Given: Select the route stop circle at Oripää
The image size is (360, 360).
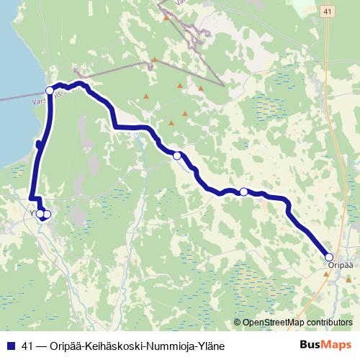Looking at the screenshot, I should tap(329, 257).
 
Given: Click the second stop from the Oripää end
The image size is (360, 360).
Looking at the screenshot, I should tap(244, 192).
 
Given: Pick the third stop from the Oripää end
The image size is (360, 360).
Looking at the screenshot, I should tap(177, 155).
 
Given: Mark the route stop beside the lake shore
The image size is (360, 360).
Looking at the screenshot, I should tap(50, 90).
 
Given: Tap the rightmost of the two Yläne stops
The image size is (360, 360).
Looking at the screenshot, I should tap(48, 214).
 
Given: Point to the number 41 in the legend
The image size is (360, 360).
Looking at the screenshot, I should tap(28, 346).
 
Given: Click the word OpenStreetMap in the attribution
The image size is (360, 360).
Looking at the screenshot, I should tap(274, 322).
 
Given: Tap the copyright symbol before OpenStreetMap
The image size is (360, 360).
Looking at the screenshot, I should tap(238, 322).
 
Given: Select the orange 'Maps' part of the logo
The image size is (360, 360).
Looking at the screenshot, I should tap(337, 345).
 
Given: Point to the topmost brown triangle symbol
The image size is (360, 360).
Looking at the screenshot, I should tap(166, 18).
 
